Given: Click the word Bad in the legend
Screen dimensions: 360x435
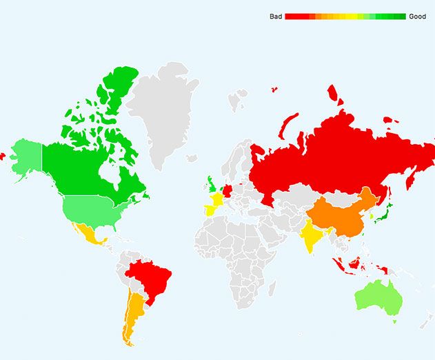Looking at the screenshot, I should click(275, 17).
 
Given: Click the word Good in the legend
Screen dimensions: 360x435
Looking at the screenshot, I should click(417, 17).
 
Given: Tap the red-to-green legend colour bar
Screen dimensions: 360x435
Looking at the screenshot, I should click(345, 17).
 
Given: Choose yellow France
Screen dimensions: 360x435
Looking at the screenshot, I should click(215, 201).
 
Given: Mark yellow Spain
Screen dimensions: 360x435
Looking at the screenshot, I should click(205, 212).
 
